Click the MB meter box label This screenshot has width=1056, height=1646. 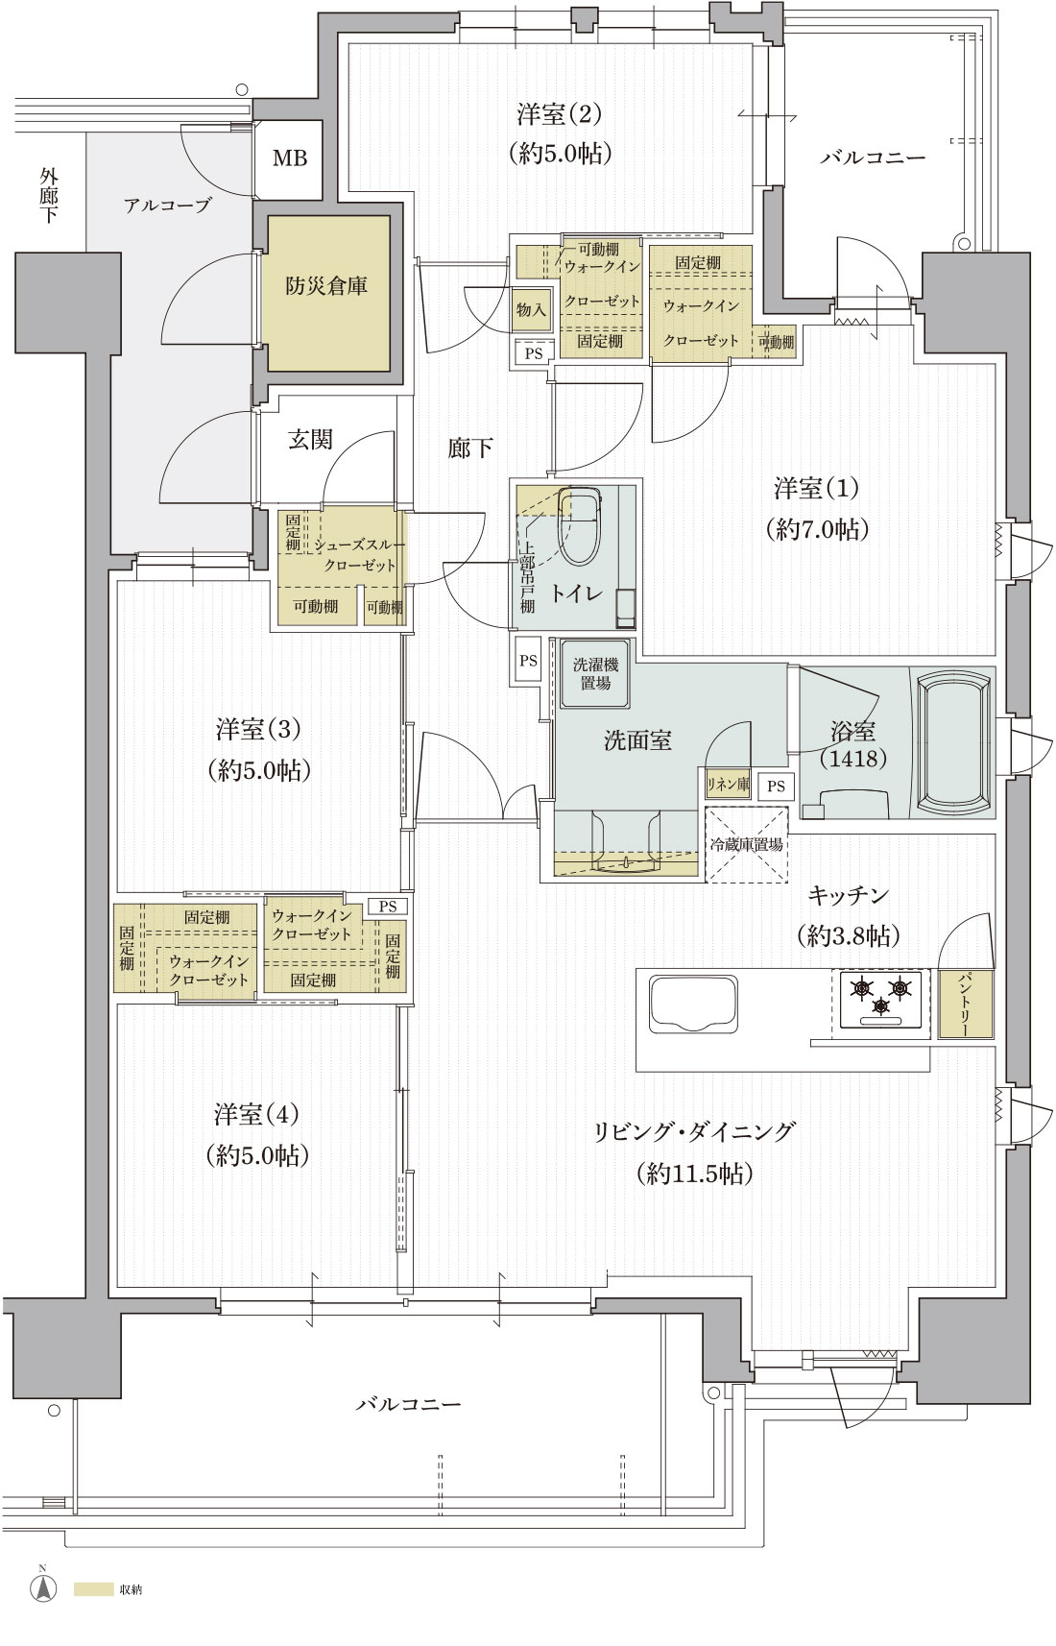pos(289,158)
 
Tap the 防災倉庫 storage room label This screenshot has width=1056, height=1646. pos(326,286)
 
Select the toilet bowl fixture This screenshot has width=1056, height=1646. pos(580,526)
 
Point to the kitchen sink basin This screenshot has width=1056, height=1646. pos(693,1005)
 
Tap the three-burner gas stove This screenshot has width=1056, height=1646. pos(880,999)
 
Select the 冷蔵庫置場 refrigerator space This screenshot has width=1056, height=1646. pos(746,844)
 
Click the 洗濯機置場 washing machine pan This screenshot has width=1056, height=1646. pos(595,674)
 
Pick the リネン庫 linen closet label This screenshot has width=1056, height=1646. pos(728,785)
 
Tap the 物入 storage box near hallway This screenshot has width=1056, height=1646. pos(531,309)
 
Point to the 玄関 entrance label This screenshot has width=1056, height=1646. pos(310,440)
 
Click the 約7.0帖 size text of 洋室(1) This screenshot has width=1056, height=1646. pos(817,529)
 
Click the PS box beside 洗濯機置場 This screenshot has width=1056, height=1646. pos(528,661)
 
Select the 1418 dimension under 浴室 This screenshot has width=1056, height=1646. pos(852,759)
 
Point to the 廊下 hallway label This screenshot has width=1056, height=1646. pos(470,448)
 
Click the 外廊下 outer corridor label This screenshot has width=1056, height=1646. pos(48,195)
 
